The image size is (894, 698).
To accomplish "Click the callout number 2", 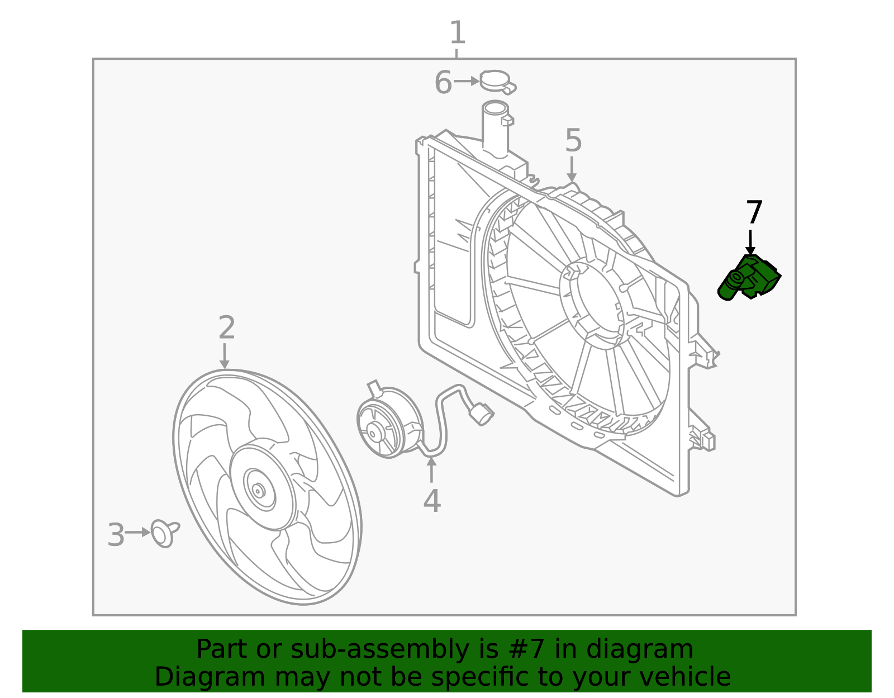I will pos(226,328).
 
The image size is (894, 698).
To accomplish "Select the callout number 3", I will pos(116,535).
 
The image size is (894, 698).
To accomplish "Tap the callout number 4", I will pos(431,501).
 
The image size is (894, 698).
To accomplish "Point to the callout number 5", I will pos(573,141).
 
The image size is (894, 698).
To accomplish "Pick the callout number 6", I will pos(443,83).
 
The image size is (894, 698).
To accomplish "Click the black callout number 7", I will pos(754,213).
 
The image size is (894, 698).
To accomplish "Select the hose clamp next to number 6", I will pos(496,82).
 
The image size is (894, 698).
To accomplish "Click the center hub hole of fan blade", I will pos(258,490).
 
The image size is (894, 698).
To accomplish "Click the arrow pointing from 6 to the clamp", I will pos(466,82).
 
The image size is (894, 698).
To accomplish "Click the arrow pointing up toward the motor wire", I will pos(431,468).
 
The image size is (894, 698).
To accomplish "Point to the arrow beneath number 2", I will pos(225,356).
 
